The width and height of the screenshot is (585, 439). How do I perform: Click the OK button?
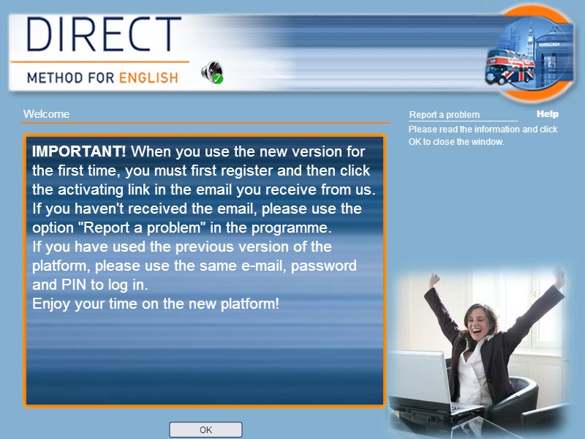205,429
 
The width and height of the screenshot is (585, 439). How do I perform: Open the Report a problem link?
445,115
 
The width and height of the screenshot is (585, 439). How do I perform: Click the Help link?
547,114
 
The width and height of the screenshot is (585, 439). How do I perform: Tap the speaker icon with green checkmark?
212,72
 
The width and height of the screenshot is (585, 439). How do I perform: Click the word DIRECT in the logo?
104,34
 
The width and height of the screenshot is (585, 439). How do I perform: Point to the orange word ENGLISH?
148,78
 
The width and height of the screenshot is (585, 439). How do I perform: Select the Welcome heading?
46,114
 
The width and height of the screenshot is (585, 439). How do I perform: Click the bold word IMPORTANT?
79,151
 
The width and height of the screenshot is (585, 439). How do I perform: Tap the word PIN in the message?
74,285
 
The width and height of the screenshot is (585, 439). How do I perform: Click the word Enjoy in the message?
51,304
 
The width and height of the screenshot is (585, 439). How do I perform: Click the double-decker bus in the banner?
510,67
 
